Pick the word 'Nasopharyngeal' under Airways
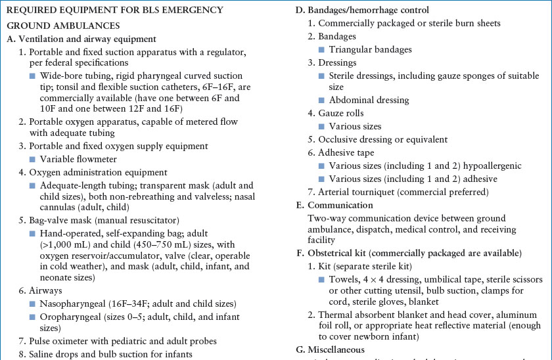click(74, 304)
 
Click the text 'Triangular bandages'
click(371, 49)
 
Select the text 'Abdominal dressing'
click(369, 101)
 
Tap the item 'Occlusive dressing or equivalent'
click(383, 139)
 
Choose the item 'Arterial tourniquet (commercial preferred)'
click(403, 191)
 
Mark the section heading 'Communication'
click(340, 204)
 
